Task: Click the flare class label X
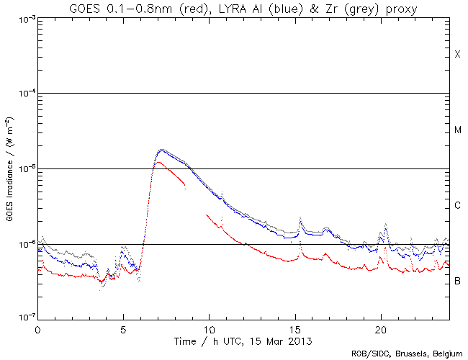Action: (457, 55)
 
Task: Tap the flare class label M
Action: (457, 130)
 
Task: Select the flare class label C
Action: (457, 206)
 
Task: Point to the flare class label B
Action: (457, 281)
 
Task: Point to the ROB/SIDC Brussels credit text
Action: (407, 354)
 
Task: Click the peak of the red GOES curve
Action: (158, 162)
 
